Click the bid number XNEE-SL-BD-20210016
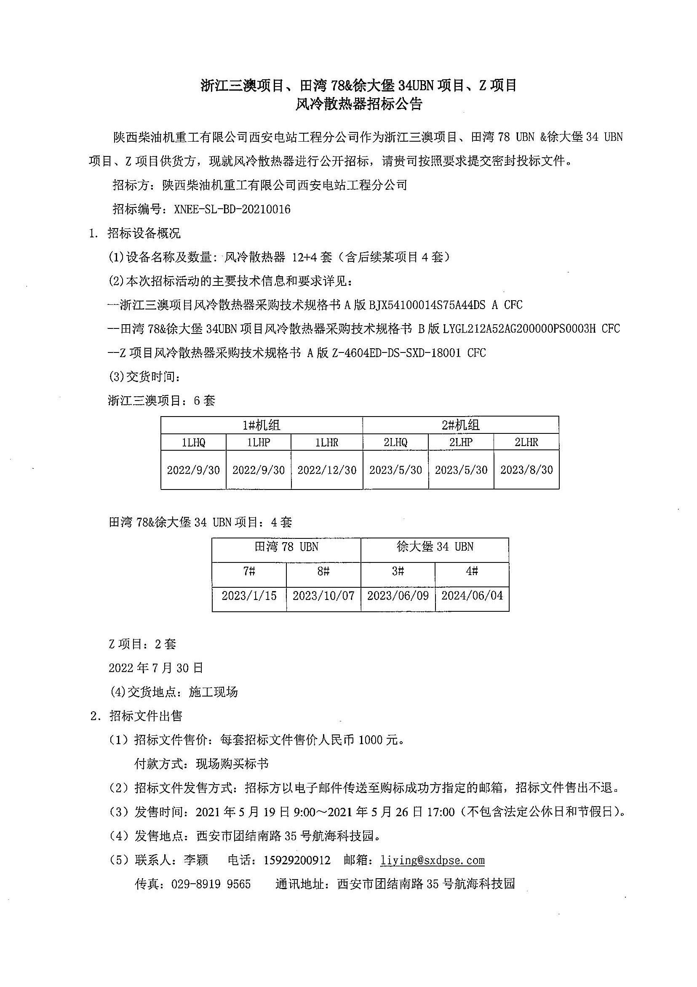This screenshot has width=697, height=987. [x=232, y=210]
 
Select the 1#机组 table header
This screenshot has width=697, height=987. [x=262, y=425]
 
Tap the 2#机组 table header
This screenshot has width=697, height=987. [x=461, y=425]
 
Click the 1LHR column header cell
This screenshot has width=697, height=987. [x=327, y=442]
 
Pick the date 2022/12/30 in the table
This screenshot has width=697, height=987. [x=327, y=470]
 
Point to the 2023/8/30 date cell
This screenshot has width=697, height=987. [x=526, y=470]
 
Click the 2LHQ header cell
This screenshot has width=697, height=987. [x=395, y=442]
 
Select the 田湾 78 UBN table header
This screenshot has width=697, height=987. [x=286, y=547]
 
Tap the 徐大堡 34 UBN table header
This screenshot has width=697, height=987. [x=435, y=547]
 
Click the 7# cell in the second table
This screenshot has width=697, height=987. [x=249, y=571]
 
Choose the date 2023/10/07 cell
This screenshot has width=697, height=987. [x=324, y=596]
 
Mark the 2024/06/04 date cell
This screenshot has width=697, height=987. [x=472, y=596]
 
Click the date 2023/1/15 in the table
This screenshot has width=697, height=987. [x=249, y=596]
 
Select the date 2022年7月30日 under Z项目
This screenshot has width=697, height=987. [x=156, y=667]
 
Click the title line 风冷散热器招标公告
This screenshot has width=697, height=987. [x=358, y=105]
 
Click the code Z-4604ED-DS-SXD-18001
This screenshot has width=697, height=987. [x=396, y=353]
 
